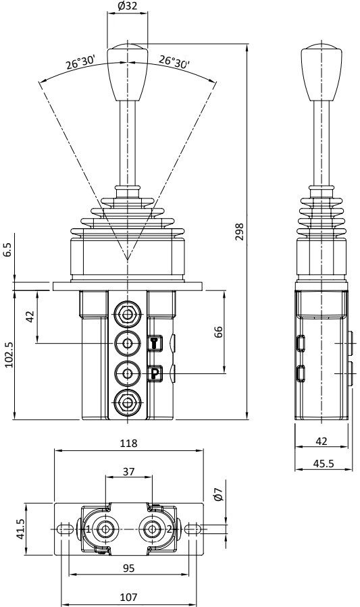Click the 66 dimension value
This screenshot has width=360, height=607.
coord(219,332)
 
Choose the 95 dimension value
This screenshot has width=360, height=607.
coord(128,569)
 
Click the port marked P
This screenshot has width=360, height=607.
coord(154,372)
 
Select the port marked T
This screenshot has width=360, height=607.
coord(154,344)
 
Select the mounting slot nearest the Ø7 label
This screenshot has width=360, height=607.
coord(193,529)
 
